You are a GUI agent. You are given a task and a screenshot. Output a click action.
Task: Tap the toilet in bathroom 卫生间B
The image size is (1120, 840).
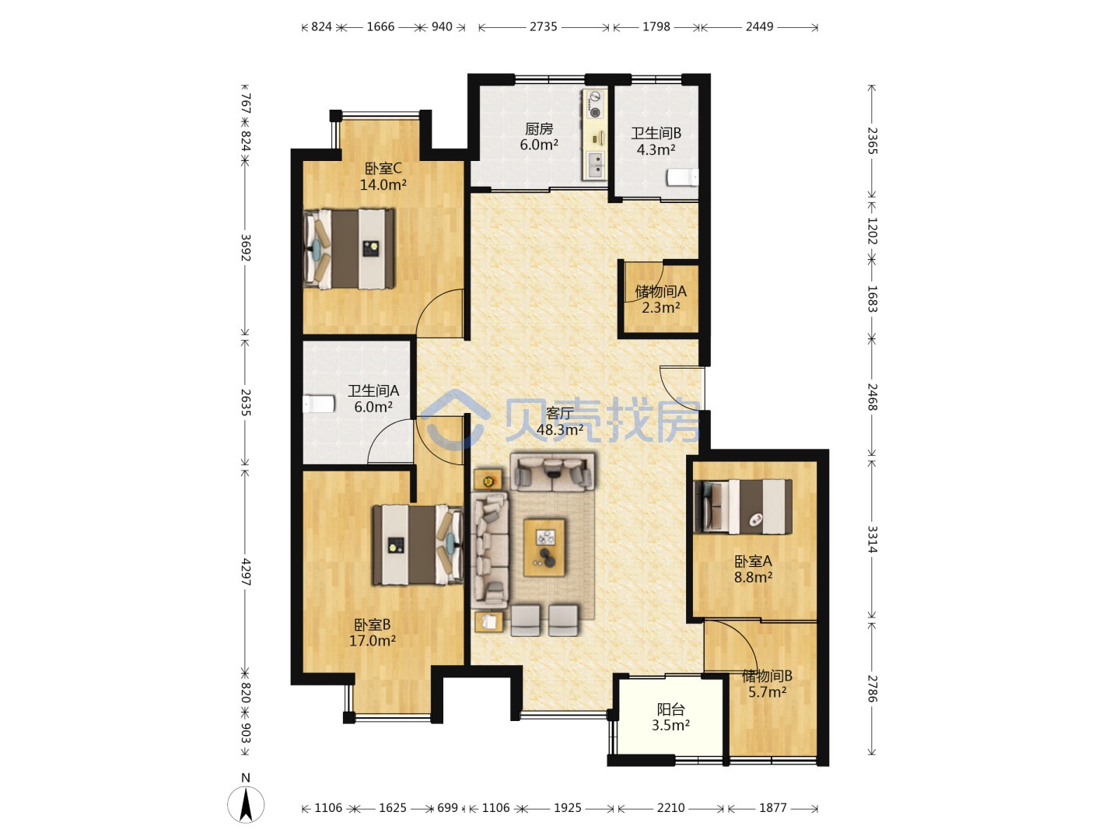click(x=683, y=177)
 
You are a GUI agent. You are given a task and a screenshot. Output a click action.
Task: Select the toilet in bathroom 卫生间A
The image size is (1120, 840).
click(x=319, y=404)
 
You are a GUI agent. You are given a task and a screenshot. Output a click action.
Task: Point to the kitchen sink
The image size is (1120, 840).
click(x=594, y=165)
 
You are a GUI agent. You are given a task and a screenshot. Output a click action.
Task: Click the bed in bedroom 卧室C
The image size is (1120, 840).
click(x=349, y=248)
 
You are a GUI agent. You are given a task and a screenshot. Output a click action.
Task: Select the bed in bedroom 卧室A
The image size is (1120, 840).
click(x=743, y=506)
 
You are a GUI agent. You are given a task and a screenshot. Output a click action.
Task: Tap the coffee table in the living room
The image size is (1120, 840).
click(x=544, y=548)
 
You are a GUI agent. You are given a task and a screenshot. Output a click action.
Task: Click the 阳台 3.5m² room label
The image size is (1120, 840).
click(x=670, y=717)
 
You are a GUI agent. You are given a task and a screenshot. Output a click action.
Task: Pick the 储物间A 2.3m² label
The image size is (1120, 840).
click(x=661, y=299)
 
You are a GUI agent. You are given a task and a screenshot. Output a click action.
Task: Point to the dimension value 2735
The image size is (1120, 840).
click(x=543, y=26)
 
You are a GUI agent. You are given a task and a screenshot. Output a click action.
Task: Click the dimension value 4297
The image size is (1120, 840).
click(x=246, y=571)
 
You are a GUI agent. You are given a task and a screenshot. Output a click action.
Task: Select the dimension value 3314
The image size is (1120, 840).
click(x=872, y=539)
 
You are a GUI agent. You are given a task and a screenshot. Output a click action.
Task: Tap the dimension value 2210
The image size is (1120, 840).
click(x=670, y=808)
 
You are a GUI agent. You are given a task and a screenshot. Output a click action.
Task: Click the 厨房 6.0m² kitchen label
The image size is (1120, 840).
click(x=539, y=137)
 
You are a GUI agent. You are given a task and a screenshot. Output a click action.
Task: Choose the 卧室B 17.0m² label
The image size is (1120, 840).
click(x=373, y=632)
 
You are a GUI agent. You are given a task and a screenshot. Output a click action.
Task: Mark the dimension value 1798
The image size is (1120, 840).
click(x=656, y=26)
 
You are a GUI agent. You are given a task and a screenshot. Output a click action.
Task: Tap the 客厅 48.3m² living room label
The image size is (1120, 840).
click(x=559, y=422)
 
